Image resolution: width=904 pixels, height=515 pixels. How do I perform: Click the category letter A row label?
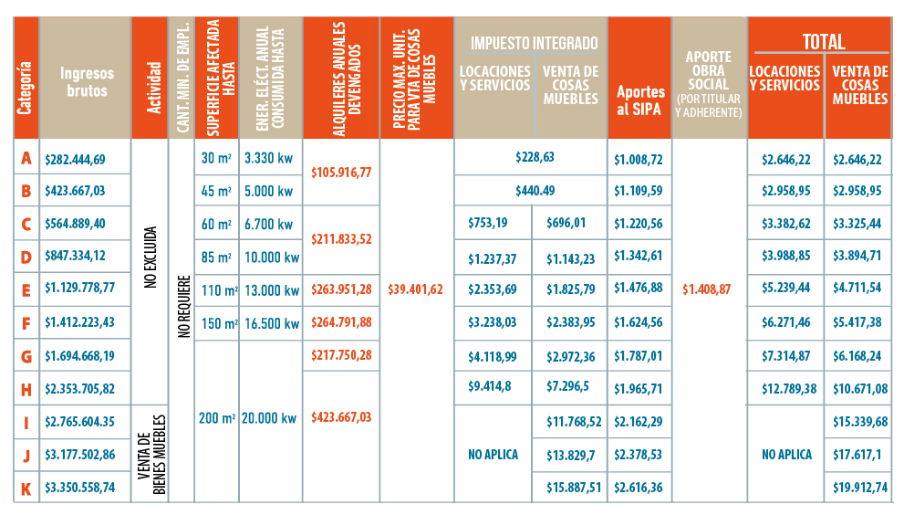[x=26, y=159]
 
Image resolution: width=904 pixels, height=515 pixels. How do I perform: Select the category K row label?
[x=26, y=488]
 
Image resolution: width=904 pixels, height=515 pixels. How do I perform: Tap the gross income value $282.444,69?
[x=75, y=160]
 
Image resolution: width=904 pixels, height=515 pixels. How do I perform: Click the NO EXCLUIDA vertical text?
[x=151, y=257]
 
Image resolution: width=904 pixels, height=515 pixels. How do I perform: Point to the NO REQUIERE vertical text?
[x=182, y=307]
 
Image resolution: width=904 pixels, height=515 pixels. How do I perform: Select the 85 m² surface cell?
[x=215, y=257]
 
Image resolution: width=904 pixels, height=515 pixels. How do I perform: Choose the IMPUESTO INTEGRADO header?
[x=534, y=43]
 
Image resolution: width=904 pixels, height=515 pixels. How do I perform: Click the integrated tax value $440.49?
[x=534, y=191]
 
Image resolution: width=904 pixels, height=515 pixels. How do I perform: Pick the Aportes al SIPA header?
[x=639, y=100]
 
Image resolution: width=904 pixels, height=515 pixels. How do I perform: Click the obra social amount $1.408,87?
[x=709, y=289]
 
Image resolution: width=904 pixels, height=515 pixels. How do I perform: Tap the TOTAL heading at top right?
[x=823, y=41]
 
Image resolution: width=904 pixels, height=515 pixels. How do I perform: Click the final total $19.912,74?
[x=859, y=488]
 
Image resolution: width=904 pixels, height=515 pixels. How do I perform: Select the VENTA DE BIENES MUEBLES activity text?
[x=151, y=454]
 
